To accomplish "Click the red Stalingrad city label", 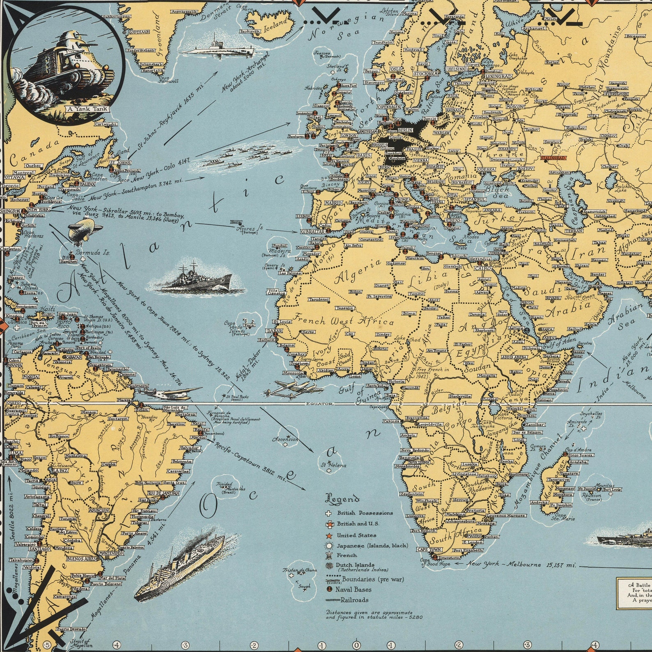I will coord(554,158).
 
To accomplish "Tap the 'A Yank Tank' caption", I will coord(87,109).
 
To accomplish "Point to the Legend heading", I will coord(342,500).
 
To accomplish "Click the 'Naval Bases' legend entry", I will coord(353,590).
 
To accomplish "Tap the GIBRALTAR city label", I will coord(313,232).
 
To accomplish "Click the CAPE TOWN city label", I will coord(429,549).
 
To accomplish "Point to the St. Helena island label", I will coord(333,465).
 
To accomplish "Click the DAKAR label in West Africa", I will coord(275,331).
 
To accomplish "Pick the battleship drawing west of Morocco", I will coord(197,279).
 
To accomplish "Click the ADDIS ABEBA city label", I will coord(514,357).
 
